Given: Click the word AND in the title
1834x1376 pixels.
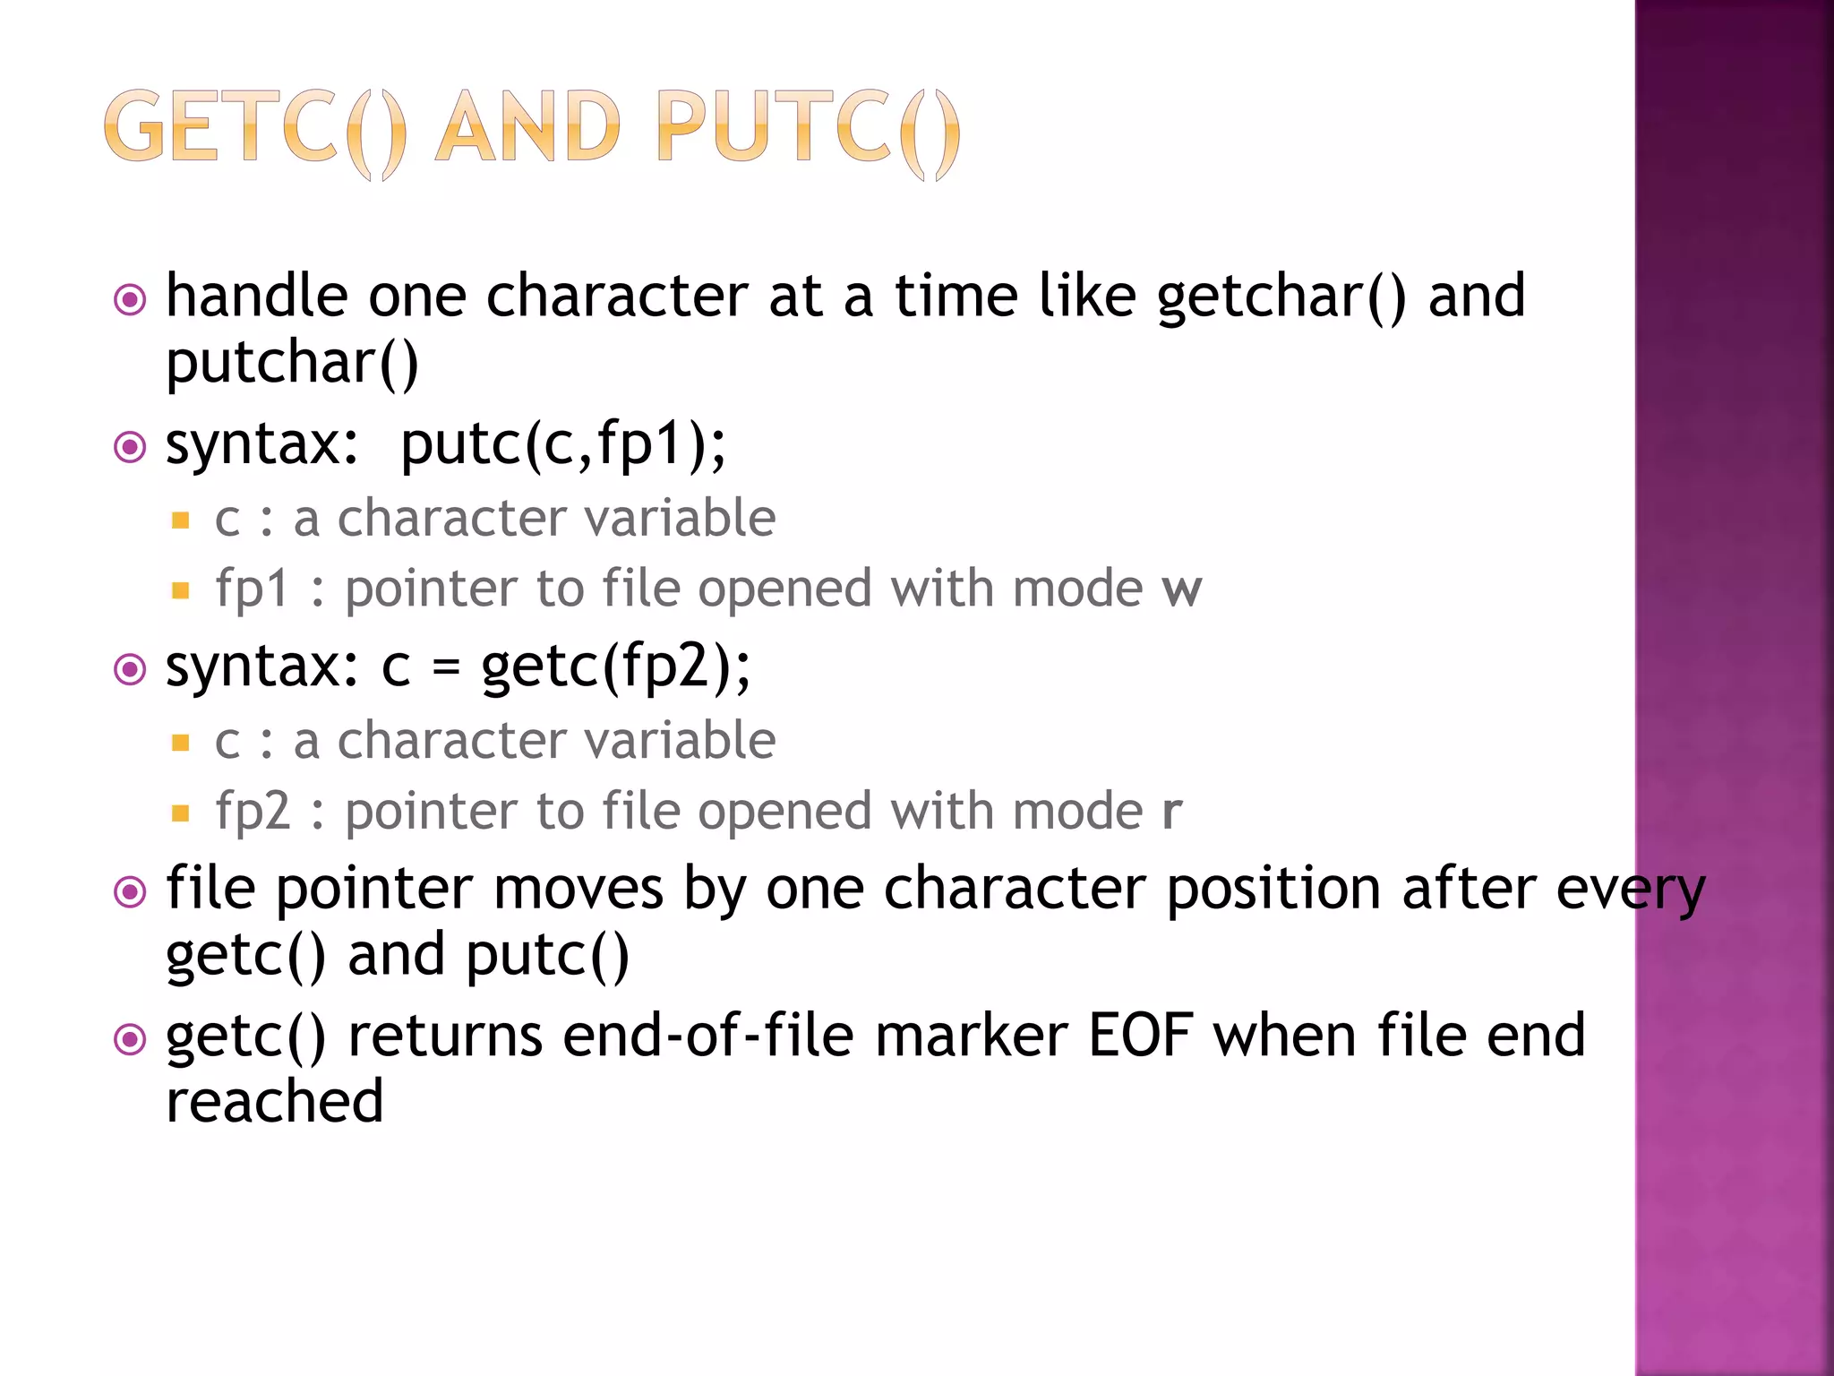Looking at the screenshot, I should pos(528,128).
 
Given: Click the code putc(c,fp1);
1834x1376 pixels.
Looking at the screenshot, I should pos(563,445).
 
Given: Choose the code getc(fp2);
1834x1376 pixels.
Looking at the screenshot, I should pos(616,667).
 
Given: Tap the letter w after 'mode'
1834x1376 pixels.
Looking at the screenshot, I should pos(1181,589).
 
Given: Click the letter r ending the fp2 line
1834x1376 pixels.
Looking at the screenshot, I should pos(1171,812).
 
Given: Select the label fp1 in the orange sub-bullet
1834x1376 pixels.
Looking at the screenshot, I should pos(252,589).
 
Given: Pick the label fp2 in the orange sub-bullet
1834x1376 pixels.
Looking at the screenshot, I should pos(253,812).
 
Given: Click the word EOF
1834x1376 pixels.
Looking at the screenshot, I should pos(1140,1036).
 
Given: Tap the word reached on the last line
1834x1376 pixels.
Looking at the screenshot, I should pos(275,1102).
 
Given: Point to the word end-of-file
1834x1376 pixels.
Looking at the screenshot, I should pos(708,1036).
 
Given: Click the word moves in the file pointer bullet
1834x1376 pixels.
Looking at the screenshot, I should pos(578,889).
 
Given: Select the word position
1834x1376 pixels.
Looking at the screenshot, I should pos(1273,890).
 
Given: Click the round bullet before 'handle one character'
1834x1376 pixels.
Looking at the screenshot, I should pos(130,299).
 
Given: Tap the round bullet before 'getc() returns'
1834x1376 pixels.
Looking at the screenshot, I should pos(130,1039).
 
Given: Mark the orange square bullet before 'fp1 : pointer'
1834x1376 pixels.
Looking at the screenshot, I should pos(181,590).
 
